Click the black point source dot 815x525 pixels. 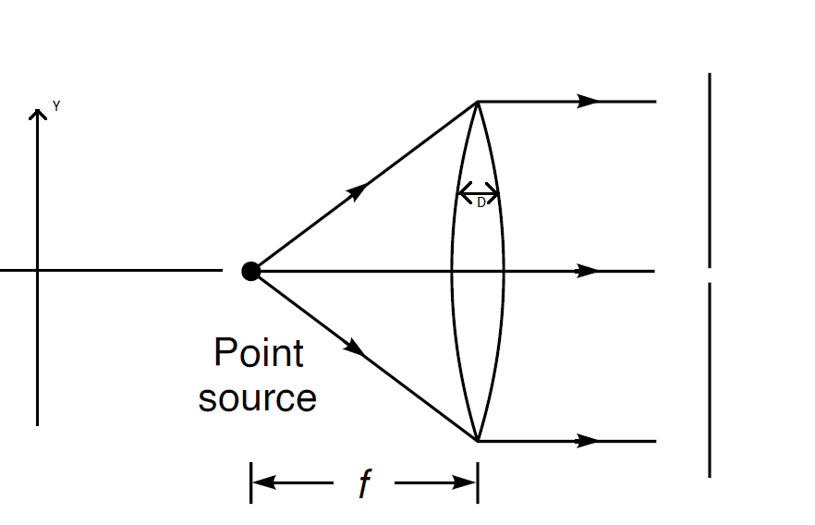point(250,271)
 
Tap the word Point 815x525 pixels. point(258,353)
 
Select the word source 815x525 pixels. point(257,397)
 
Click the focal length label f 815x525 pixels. point(364,483)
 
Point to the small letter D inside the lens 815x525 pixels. point(480,203)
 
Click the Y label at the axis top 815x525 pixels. point(56,107)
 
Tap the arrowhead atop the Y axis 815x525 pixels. point(38,114)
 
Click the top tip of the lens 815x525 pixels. point(477,102)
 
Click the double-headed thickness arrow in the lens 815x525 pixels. point(478,193)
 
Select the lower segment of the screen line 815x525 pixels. point(710,379)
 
